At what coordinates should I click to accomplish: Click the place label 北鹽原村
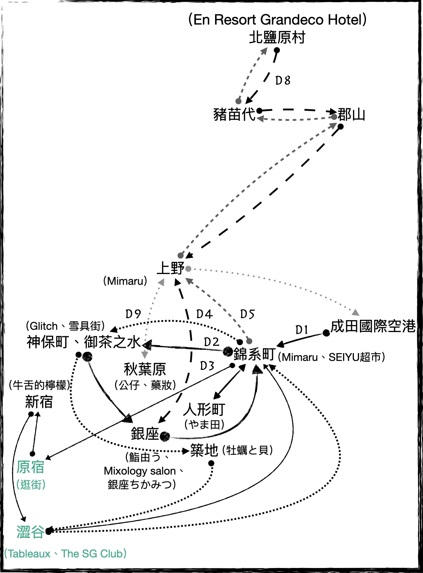point(277,37)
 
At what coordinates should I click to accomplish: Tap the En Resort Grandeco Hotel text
point(277,19)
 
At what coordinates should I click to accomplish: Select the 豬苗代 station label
point(234,115)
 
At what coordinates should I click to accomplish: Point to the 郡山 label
point(351,115)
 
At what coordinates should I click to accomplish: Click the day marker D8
point(282,81)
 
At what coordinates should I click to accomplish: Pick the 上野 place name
point(171,268)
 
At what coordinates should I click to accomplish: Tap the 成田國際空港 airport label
point(373,326)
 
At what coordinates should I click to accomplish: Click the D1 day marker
point(301,330)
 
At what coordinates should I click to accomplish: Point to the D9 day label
point(133,314)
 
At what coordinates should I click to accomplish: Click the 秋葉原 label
point(145,369)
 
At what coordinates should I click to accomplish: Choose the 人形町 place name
point(204,409)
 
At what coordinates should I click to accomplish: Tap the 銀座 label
point(145,434)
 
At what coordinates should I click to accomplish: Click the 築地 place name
point(204,450)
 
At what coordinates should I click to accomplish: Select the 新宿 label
point(39,402)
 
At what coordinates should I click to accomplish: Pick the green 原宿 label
point(30,467)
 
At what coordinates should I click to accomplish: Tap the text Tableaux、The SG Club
point(65,554)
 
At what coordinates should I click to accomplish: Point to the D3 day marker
point(207,366)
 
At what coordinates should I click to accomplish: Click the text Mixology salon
point(140,471)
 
